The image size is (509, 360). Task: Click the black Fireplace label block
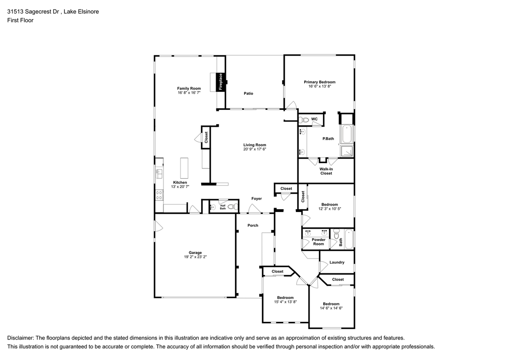point(220,82)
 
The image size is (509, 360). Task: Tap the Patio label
point(249,93)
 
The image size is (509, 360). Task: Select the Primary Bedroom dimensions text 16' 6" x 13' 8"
point(319,86)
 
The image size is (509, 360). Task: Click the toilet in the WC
point(303,120)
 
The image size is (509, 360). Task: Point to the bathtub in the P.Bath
point(347,134)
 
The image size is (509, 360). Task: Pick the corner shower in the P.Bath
point(347,151)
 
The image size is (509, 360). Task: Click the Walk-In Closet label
point(326,171)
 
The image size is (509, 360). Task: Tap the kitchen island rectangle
point(184,168)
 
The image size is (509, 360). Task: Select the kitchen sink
point(159,174)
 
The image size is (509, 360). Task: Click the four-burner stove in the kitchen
point(159,195)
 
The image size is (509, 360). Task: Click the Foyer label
point(256,198)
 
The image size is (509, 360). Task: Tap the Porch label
point(253,226)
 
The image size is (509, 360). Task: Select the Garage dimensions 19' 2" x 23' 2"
point(195,257)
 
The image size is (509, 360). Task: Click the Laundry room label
point(337,263)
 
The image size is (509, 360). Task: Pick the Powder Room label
point(319,242)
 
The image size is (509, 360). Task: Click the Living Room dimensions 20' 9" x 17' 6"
point(254,149)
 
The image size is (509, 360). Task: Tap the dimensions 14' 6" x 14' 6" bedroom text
point(331,308)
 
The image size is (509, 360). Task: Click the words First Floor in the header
point(20,20)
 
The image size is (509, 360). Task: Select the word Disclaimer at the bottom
point(20,338)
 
